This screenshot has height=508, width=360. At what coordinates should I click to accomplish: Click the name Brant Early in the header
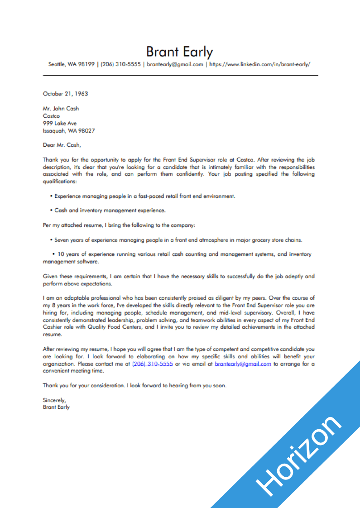(179, 52)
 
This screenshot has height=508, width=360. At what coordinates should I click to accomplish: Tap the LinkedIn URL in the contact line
(259, 64)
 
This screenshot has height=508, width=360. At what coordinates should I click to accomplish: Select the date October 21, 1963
(65, 94)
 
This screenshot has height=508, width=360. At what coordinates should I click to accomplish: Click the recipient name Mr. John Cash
(61, 109)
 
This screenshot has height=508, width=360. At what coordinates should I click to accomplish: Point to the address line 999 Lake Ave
(59, 123)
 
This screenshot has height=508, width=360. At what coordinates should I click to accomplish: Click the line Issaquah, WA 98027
(69, 130)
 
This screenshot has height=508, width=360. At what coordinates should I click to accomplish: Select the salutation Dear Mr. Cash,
(62, 145)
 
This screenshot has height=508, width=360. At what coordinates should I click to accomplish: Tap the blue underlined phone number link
(152, 364)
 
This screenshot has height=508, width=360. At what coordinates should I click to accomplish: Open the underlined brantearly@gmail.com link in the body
(243, 364)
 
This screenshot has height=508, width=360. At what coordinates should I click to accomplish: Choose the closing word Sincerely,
(54, 400)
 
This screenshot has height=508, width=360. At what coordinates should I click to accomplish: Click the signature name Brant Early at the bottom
(56, 407)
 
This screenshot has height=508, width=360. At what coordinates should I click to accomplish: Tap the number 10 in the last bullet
(62, 254)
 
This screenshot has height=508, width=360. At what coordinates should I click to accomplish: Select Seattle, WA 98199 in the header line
(71, 64)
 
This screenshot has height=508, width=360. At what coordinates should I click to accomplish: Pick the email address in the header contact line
(175, 64)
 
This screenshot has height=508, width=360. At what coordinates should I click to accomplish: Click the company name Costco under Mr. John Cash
(51, 116)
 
